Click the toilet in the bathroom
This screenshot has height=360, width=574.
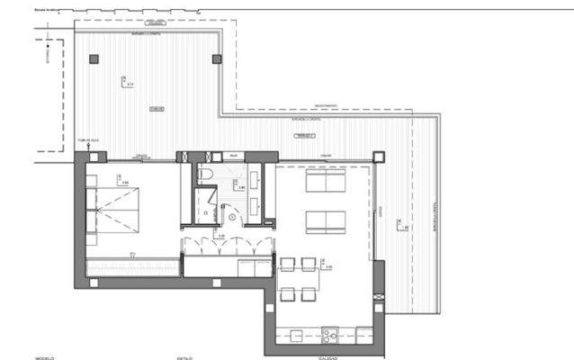(205, 175)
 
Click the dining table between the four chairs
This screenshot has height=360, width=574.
(298, 279)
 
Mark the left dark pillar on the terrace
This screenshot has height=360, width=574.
(93, 59)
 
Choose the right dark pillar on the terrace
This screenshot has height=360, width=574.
(216, 59)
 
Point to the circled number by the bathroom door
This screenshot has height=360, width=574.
(232, 216)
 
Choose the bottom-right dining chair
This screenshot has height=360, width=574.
(308, 294)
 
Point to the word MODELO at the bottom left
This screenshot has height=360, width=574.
(46, 357)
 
